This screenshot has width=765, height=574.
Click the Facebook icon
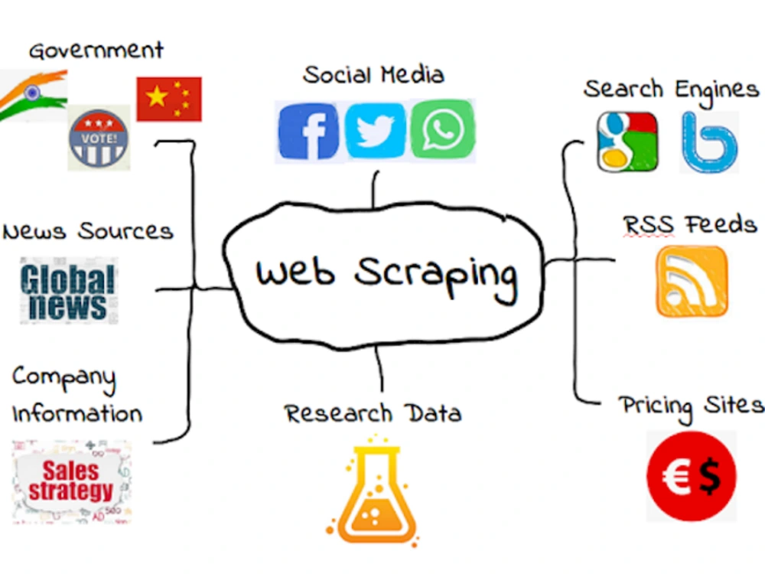point(308,131)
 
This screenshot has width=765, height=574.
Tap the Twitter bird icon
point(375,131)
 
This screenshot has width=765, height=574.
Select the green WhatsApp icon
point(442,129)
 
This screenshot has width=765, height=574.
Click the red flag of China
point(169,99)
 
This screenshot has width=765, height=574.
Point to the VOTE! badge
point(99,139)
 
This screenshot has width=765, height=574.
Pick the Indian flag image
point(33,96)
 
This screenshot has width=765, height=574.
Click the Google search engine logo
point(627,142)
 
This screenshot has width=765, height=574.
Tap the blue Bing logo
point(709,142)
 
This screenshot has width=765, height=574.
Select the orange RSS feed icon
point(692,282)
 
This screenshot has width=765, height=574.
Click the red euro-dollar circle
point(692,476)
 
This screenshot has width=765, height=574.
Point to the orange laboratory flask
point(373,491)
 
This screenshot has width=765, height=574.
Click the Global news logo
point(69,291)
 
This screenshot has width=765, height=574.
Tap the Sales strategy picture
point(71,481)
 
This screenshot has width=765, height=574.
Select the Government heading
point(96,51)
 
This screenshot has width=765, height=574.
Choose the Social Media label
point(373,75)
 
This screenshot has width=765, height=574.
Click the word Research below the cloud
point(338,413)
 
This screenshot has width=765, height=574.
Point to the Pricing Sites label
point(692,407)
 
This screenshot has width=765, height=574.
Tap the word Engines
point(717,91)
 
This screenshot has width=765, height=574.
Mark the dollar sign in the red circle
point(710,476)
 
